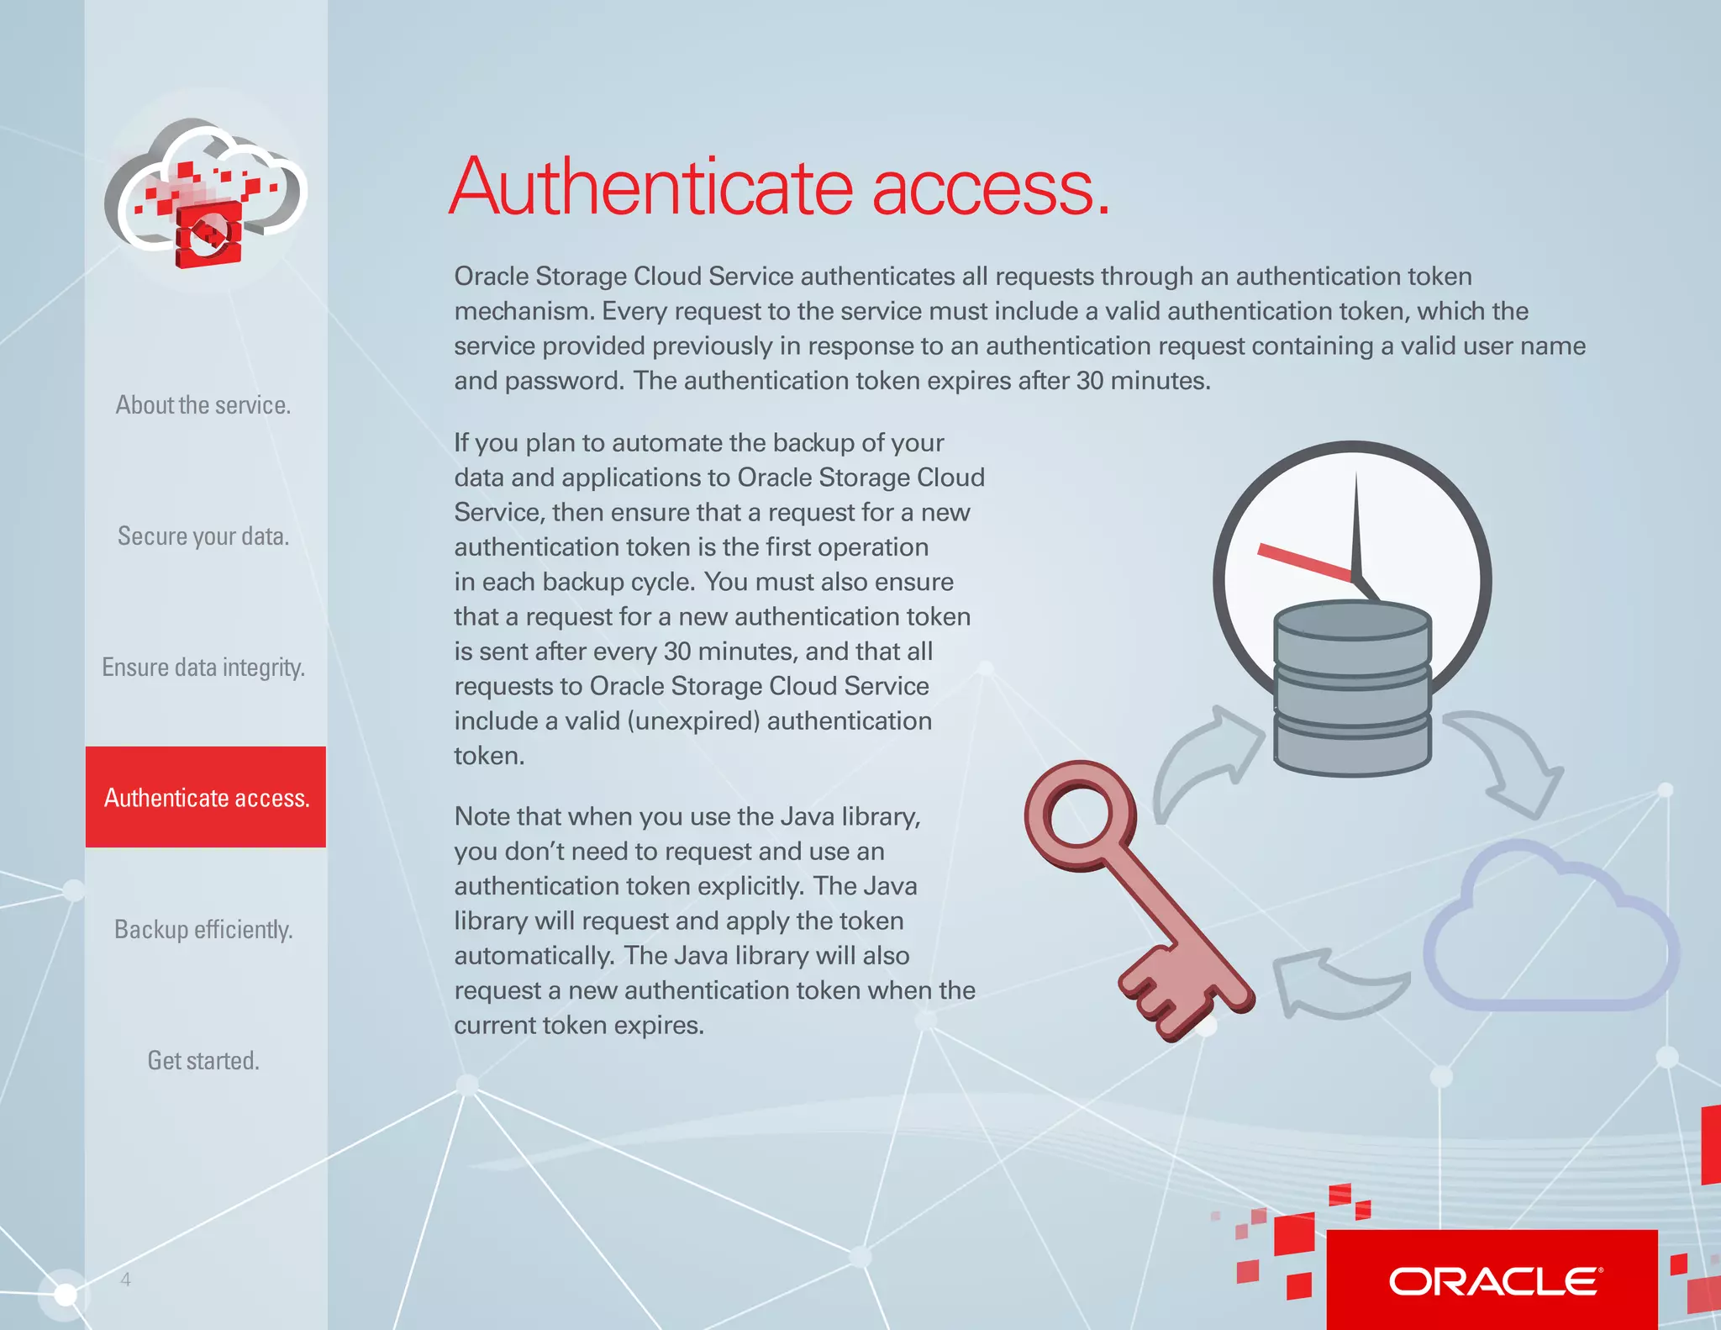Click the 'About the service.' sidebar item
203,405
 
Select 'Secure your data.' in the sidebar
203,536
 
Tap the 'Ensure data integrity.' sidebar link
203,668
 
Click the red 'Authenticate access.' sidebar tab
206,797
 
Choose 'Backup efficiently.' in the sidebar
203,930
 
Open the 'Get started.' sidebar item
203,1061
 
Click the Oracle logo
1493,1281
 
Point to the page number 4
125,1280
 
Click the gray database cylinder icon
1352,688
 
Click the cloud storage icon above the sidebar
206,193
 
